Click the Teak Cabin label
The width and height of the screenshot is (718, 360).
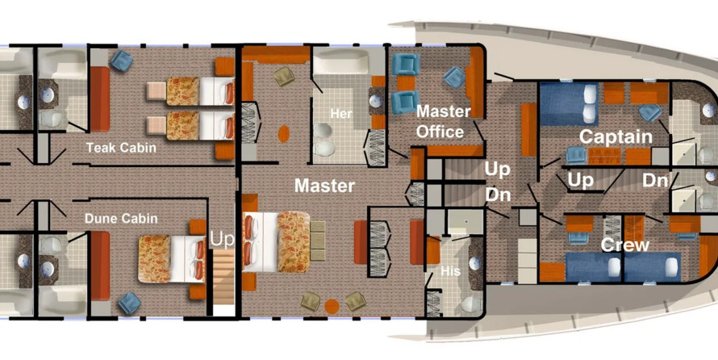coord(121,148)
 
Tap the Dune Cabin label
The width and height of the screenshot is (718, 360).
coord(121,219)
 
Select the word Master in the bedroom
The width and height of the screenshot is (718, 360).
coord(324,186)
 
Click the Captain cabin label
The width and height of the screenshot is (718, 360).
coord(616,137)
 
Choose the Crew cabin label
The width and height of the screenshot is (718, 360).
coord(625,245)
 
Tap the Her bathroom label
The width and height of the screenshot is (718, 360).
coord(342,114)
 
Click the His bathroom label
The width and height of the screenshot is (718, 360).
coord(451,271)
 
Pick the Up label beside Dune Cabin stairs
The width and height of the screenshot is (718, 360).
coord(222,240)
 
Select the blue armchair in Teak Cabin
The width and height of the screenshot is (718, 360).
coord(121,60)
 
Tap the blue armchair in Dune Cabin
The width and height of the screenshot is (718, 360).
coord(129,303)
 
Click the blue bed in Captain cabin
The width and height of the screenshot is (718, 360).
coord(570,103)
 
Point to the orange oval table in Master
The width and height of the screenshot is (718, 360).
coord(284,134)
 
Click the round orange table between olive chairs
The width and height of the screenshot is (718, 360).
coord(332,307)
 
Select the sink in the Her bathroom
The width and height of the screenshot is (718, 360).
coord(375,101)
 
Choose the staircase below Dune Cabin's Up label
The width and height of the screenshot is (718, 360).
coord(223,278)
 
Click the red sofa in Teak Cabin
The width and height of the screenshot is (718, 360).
coord(100,99)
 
